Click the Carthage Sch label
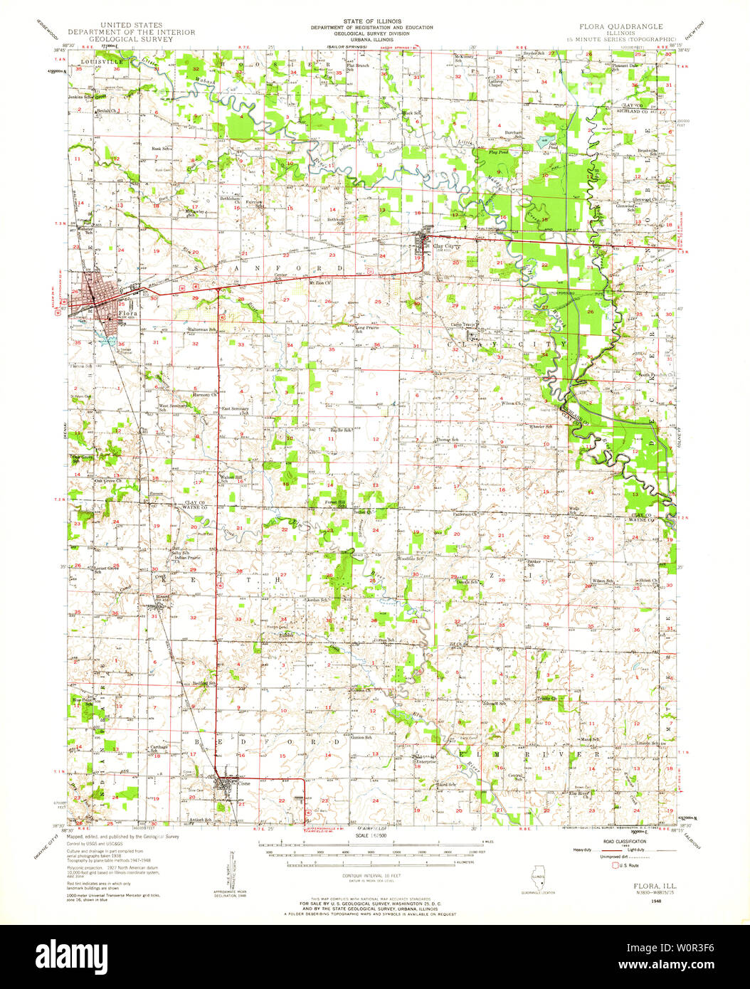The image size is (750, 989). point(159,749)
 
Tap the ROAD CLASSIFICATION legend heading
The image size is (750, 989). point(617,841)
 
